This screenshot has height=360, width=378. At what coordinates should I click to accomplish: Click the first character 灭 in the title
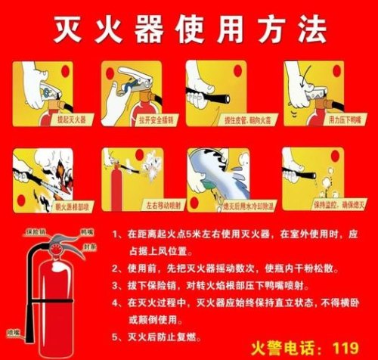[x=68, y=29]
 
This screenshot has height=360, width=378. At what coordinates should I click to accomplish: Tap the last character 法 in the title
[x=312, y=29]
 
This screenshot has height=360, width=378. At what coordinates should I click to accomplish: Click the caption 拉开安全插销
[x=136, y=119]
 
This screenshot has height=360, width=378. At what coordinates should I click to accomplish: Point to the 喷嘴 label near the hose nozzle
[x=13, y=331]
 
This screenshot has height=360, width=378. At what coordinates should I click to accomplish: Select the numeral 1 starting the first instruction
[x=116, y=235]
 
